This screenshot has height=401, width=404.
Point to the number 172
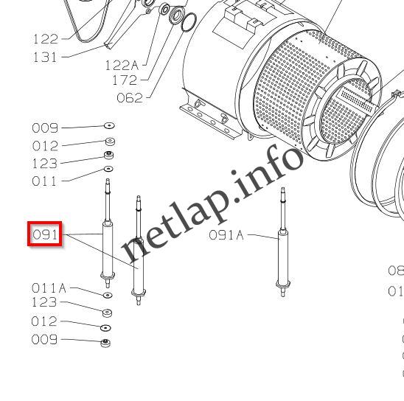point(125,80)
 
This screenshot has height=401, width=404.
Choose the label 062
point(130,97)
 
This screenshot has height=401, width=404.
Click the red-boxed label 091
point(44,235)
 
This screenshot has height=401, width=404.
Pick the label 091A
point(226,235)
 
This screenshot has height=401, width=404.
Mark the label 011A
point(49,288)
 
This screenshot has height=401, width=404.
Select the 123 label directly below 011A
point(44,302)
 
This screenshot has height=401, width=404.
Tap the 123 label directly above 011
point(44,163)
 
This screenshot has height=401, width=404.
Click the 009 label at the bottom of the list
point(44,340)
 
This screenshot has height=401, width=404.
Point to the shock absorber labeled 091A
point(282,243)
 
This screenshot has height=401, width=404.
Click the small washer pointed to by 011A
point(107,295)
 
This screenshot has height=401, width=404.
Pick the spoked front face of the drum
point(346,107)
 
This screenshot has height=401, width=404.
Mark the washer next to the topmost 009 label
point(108,127)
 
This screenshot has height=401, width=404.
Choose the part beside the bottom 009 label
point(105,343)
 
